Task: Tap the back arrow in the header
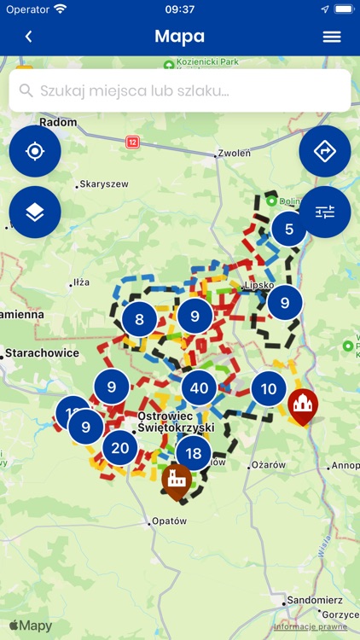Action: click(28, 37)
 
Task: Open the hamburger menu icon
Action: click(332, 37)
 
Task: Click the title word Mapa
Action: click(179, 37)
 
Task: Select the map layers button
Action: click(35, 212)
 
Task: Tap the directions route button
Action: click(325, 151)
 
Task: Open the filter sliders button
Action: click(325, 212)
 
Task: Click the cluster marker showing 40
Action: click(199, 389)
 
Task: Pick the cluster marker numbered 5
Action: click(289, 229)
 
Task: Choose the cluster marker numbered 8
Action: click(139, 320)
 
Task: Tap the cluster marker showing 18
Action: click(194, 453)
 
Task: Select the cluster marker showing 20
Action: click(120, 447)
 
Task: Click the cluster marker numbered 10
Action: click(269, 389)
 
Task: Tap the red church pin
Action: click(302, 404)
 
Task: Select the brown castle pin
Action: click(177, 479)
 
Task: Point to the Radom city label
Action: click(58, 122)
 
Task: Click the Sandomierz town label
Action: click(315, 600)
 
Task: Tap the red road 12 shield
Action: click(132, 142)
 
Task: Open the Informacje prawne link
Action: click(310, 626)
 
